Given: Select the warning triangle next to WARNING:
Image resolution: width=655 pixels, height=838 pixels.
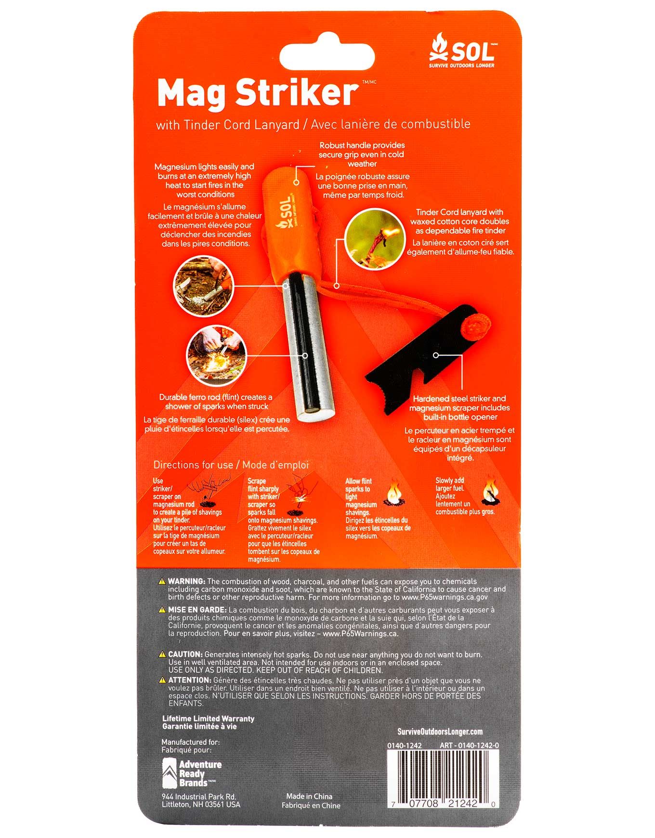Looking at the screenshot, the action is click(x=163, y=582).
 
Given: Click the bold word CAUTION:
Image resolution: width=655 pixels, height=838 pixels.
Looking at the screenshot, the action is click(x=185, y=655).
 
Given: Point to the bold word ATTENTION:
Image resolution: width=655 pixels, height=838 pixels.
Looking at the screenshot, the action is click(x=189, y=680).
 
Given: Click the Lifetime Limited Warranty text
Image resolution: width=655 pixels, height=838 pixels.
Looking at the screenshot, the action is click(x=208, y=719).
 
